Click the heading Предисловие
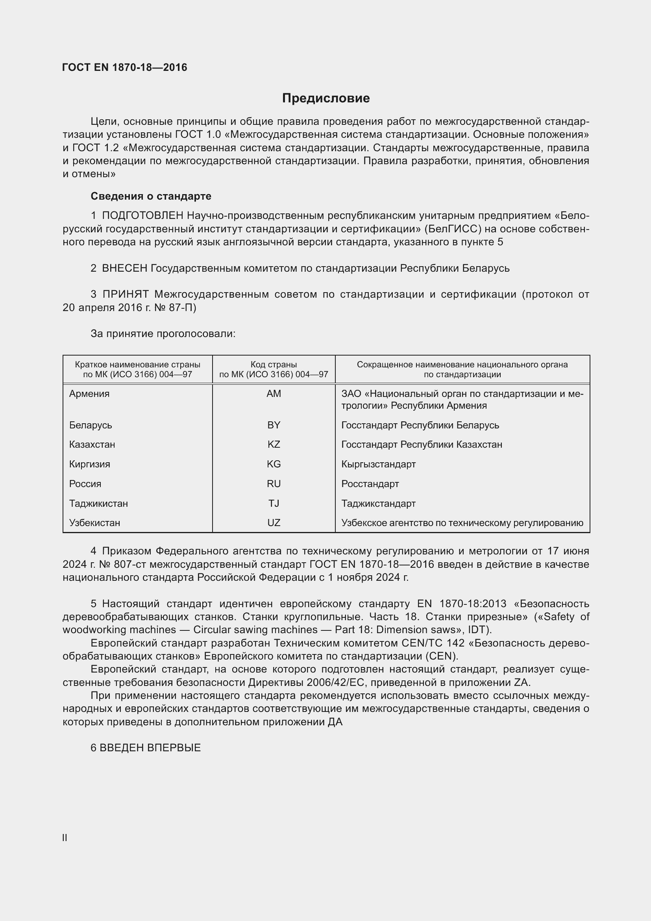point(325,98)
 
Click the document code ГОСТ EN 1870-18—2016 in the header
point(125,67)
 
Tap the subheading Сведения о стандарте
point(151,196)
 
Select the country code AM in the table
point(274,393)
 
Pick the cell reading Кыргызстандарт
point(378,464)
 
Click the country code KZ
point(274,445)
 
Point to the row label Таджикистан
point(98,504)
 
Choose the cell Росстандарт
point(370,484)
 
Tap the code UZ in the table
point(274,523)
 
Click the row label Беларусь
point(90,425)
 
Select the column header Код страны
point(274,365)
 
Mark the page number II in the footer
point(65,838)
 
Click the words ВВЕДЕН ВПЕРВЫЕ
point(150,748)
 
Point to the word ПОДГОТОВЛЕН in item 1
point(143,216)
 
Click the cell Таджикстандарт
point(378,504)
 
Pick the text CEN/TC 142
point(433,643)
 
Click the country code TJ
point(274,504)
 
